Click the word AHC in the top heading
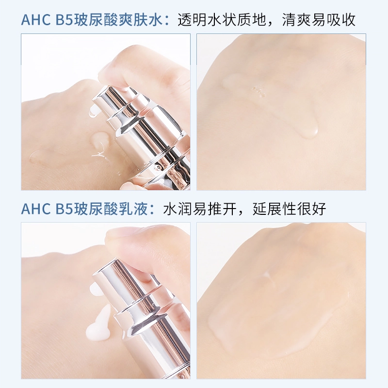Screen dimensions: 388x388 tap(36, 20)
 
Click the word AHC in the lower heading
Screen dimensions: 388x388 tap(36, 209)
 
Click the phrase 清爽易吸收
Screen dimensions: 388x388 tap(319, 20)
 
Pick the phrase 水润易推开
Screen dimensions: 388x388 tap(200, 209)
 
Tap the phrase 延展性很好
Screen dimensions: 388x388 tap(290, 209)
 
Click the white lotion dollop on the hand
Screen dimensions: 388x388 tap(99, 323)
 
